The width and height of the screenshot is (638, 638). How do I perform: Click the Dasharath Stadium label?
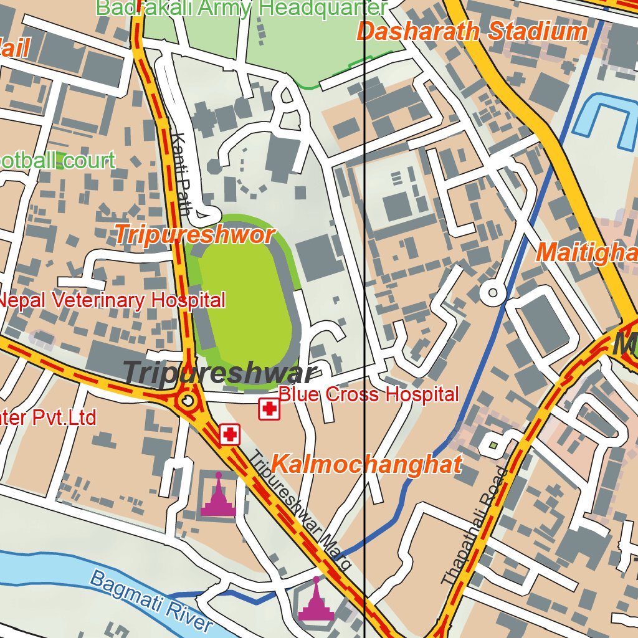point(472,31)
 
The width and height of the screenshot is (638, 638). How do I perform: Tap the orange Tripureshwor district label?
point(194,236)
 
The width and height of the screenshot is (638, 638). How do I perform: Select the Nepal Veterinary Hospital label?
point(112,300)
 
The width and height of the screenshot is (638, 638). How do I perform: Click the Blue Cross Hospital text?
point(368,394)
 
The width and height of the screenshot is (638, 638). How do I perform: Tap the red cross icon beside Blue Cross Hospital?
point(269,409)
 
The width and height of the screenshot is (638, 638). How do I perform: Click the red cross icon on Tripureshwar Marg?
point(230,434)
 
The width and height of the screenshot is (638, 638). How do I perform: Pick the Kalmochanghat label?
point(367,465)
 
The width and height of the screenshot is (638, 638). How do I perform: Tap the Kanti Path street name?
point(181,174)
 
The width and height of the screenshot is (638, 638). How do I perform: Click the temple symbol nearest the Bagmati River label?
point(317,602)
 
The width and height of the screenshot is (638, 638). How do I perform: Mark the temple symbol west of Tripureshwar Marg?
point(218,497)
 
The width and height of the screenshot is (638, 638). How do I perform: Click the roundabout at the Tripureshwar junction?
point(187,400)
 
